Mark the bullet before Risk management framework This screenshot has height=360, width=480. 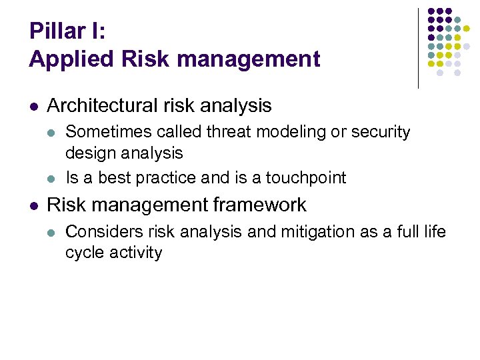34,205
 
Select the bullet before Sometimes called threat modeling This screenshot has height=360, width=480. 53,133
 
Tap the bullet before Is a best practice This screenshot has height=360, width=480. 53,179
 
